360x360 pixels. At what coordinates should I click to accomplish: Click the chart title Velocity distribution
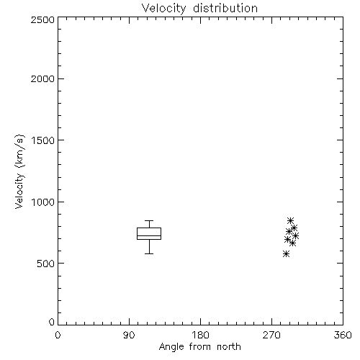coord(199,8)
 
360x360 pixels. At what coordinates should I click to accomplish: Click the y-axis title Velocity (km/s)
coord(19,171)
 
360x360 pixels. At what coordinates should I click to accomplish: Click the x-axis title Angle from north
coord(199,347)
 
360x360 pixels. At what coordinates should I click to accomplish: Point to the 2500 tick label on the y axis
coord(42,19)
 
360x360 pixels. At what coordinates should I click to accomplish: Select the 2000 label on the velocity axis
coord(42,78)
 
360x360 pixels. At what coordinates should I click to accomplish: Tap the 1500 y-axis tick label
coord(43,140)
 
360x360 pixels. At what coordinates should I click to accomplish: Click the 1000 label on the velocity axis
coord(43,202)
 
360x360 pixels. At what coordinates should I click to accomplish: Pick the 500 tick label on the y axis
coord(46,264)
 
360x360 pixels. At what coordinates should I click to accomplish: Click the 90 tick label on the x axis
coord(129,335)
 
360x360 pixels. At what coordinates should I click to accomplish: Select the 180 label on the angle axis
coord(200,335)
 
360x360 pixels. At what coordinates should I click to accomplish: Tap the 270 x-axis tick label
coord(271,335)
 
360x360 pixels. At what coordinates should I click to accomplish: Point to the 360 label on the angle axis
coord(343,335)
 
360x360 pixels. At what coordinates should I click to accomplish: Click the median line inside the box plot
coord(149,235)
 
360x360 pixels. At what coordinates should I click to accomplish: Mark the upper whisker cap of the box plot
coord(149,220)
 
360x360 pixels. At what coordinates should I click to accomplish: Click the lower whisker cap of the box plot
coord(149,253)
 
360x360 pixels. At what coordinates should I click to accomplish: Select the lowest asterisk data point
coord(286,254)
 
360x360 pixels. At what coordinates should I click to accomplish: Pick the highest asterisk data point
coord(290,220)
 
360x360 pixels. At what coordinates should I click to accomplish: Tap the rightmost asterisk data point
coord(295,236)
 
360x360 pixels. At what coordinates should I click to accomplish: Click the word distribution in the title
coord(225,8)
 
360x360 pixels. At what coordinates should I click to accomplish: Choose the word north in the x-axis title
coord(229,347)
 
